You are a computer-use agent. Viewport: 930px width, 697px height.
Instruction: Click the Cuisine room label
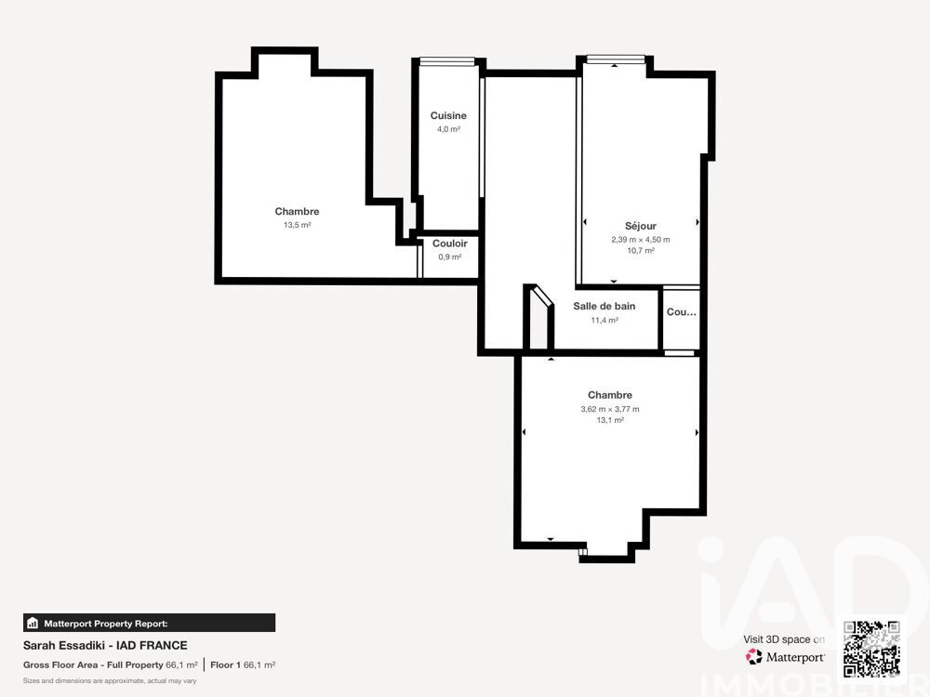pos(448,116)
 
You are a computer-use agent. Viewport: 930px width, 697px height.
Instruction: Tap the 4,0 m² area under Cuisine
pos(448,129)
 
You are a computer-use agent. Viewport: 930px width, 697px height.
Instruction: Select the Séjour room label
pos(640,226)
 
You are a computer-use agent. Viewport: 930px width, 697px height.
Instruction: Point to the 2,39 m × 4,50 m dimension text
pos(640,239)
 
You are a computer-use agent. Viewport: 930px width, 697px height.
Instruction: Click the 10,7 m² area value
pos(640,251)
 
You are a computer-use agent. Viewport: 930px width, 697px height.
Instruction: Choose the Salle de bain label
pos(604,307)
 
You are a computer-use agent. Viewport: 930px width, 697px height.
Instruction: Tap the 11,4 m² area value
pos(604,320)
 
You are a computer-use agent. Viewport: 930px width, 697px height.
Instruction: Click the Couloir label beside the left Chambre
pos(449,243)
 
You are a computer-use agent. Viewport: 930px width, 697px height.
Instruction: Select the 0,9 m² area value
pos(449,256)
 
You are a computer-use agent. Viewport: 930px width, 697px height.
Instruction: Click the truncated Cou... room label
pos(681,312)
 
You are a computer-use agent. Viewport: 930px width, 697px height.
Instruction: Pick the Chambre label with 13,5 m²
pos(297,212)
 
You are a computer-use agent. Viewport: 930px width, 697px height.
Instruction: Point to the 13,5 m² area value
pos(297,225)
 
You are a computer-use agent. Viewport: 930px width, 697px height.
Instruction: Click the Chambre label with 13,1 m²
pos(610,395)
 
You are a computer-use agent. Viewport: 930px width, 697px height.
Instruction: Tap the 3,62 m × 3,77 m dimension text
pos(610,409)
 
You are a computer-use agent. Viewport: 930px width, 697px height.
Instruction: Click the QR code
pos(871,649)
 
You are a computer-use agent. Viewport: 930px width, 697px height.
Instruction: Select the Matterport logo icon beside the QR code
pos(754,657)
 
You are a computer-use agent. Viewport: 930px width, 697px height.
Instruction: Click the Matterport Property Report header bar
pos(149,623)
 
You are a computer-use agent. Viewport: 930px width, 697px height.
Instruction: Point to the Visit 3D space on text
pos(784,639)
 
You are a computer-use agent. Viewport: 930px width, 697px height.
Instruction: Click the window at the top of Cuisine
pos(448,61)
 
